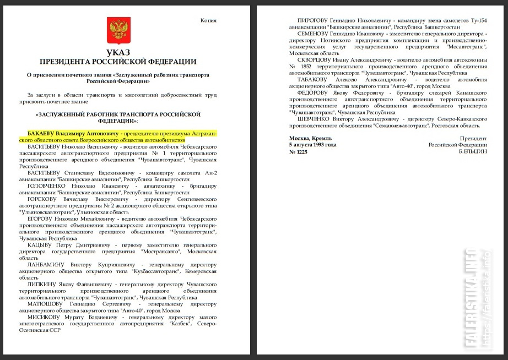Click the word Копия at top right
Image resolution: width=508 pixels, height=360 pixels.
pos(208,21)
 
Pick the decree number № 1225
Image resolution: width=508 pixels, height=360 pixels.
pos(299,152)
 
